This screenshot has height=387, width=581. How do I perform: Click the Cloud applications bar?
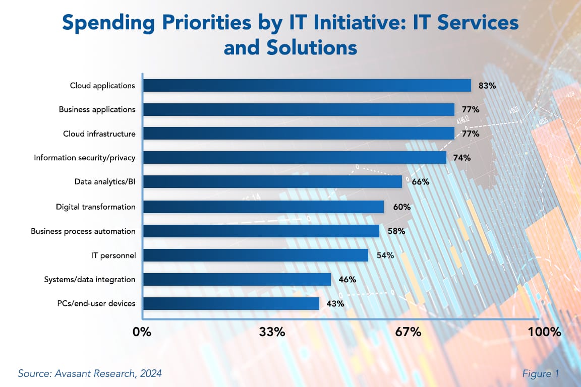307,86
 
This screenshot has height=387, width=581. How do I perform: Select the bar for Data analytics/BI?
272,182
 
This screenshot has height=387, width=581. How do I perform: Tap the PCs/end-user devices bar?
231,303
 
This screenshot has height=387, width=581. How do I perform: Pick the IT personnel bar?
255,255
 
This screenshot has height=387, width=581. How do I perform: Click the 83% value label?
487,86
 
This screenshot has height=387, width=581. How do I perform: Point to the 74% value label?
462,158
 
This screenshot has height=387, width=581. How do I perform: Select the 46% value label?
347,279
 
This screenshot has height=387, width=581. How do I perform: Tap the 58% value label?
396,231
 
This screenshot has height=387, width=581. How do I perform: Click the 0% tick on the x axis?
142,332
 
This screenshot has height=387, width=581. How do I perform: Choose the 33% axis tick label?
272,332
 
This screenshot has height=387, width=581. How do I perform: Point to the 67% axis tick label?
408,332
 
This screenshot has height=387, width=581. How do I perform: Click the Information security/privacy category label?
85,158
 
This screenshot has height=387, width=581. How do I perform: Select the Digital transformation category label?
95,207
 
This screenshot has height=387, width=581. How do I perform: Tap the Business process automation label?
83,231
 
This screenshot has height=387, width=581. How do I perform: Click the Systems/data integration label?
90,279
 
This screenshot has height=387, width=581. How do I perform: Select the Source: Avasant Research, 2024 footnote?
90,374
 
